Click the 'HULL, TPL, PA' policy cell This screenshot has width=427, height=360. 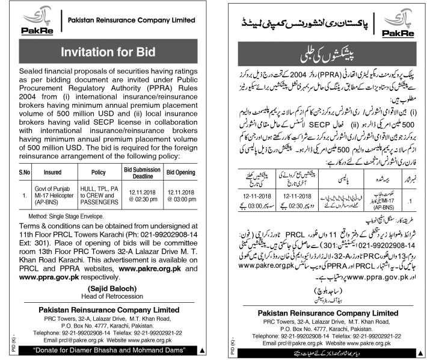[x=97, y=191]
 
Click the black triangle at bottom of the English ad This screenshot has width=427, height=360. [x=203, y=349]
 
